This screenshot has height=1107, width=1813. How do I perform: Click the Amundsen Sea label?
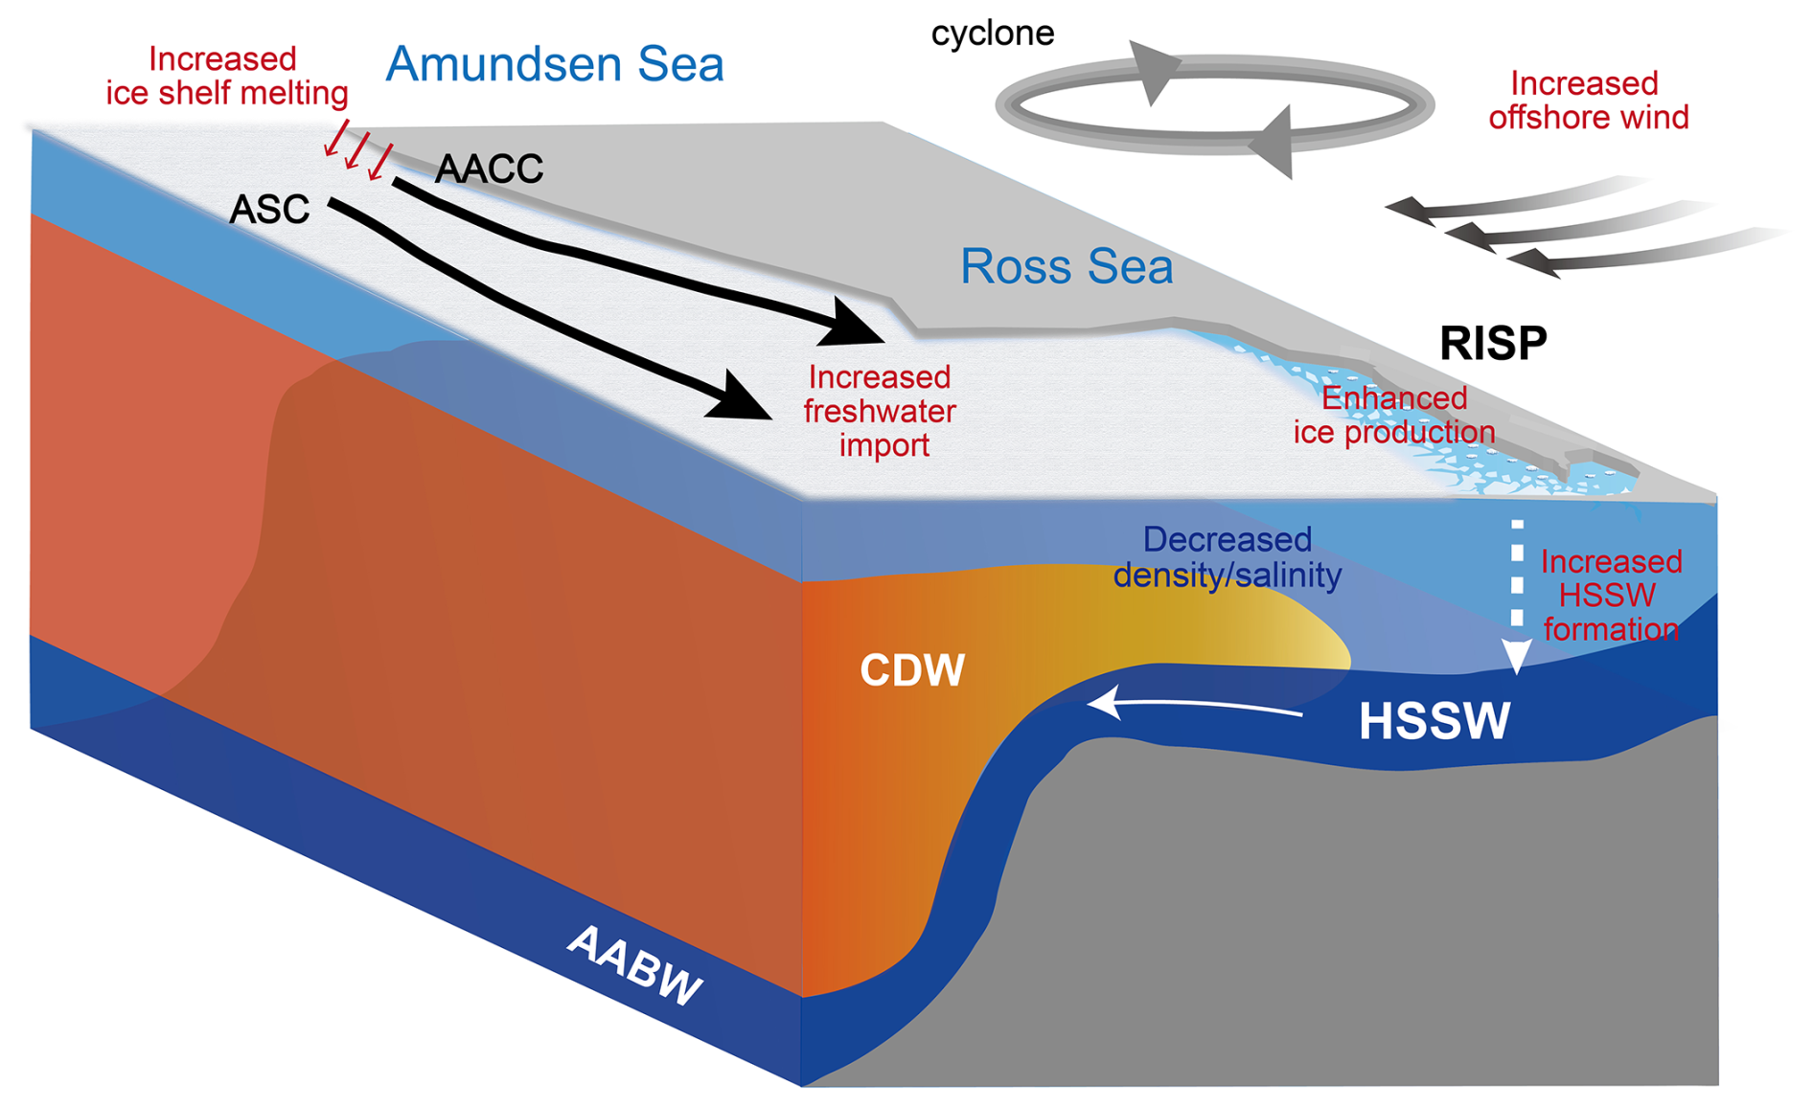(x=554, y=65)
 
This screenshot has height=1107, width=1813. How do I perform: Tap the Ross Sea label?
(x=1066, y=266)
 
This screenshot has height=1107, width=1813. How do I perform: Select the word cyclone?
(x=992, y=34)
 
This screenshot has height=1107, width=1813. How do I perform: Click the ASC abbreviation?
(x=269, y=210)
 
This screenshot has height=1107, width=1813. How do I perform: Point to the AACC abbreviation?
(x=489, y=169)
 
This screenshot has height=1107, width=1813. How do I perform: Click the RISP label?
(x=1492, y=343)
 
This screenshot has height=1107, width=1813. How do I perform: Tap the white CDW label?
(x=911, y=670)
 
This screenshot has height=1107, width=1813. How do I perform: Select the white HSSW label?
(x=1434, y=721)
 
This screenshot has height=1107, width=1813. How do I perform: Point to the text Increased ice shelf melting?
(x=226, y=77)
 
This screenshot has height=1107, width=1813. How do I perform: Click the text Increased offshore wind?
(x=1587, y=101)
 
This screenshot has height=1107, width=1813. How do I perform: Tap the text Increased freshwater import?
(x=880, y=411)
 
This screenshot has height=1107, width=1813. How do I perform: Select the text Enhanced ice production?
(x=1393, y=416)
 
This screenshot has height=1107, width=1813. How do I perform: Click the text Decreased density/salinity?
(x=1227, y=557)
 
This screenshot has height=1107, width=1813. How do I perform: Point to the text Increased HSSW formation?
(x=1610, y=595)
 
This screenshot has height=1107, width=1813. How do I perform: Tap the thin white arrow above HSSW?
(x=1198, y=706)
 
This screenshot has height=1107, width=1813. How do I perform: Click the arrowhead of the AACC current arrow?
(x=852, y=325)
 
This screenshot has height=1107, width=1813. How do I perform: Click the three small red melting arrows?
(x=357, y=151)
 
